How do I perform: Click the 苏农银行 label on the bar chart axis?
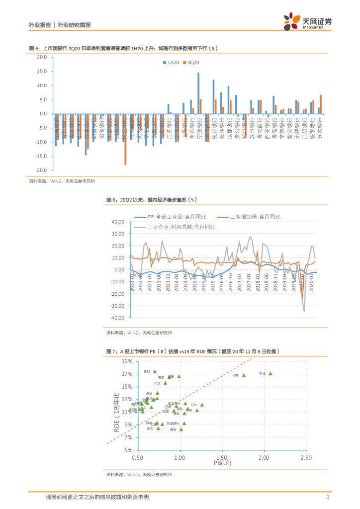point(320,130)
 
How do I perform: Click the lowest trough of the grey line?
point(304,311)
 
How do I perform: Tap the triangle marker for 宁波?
point(270,374)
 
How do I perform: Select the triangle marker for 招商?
point(244,375)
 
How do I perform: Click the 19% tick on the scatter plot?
point(127,361)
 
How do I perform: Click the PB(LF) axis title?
point(222,464)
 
